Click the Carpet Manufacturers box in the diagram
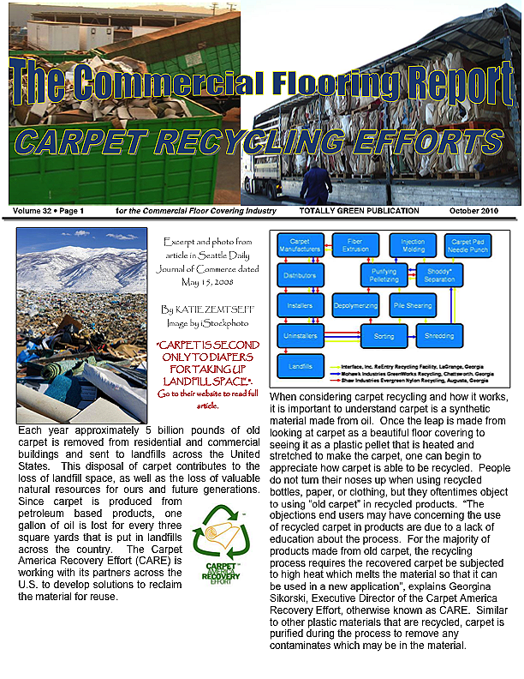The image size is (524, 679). (300, 245)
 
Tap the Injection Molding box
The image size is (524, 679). (413, 245)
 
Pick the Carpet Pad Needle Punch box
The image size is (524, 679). (470, 245)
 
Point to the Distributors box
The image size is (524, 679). (300, 275)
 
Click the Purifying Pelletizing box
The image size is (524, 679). (382, 275)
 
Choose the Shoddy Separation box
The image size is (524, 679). (441, 275)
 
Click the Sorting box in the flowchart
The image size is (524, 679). (382, 336)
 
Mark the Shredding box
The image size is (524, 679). (440, 336)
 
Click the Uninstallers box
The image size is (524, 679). (300, 335)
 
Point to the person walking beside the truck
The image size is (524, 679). (317, 184)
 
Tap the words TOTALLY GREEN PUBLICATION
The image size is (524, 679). (359, 211)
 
